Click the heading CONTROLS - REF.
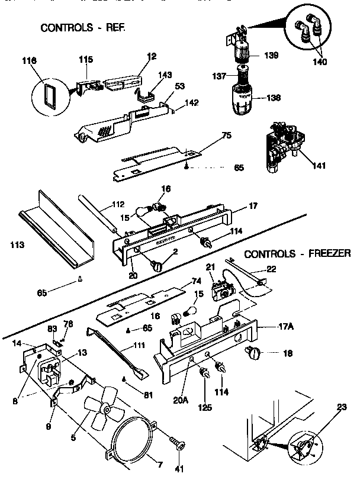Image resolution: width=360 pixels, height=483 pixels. pyautogui.click(x=83, y=28)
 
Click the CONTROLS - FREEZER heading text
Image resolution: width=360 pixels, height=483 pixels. pyautogui.click(x=297, y=254)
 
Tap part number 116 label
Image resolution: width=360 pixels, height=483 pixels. pyautogui.click(x=29, y=61)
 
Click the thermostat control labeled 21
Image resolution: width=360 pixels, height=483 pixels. pyautogui.click(x=224, y=291)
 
